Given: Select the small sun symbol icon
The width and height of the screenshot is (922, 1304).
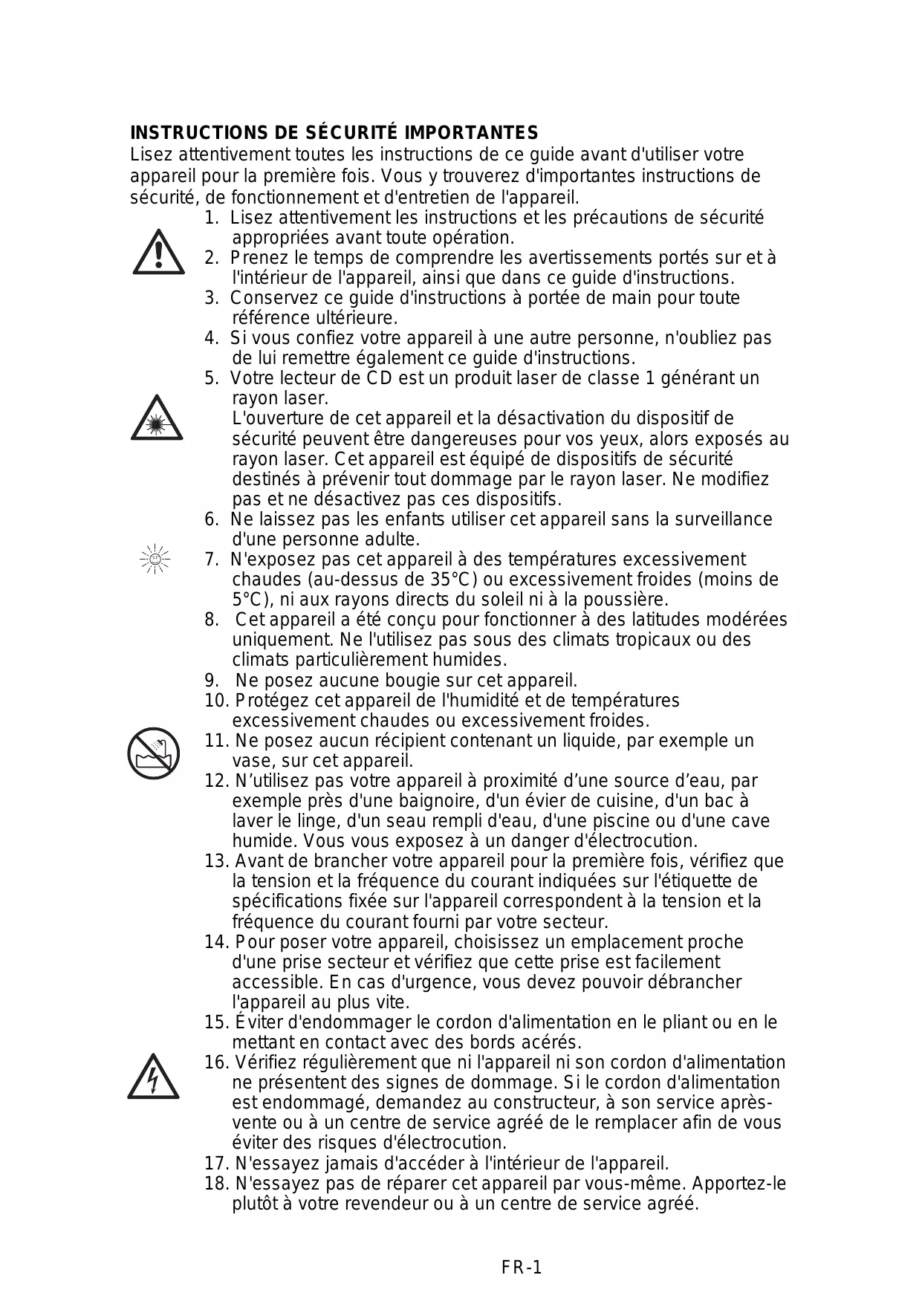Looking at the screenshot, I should [155, 559].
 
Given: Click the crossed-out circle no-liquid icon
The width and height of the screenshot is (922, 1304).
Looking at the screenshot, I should [153, 753].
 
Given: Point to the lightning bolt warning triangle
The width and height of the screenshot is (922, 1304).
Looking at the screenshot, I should [153, 1077].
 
